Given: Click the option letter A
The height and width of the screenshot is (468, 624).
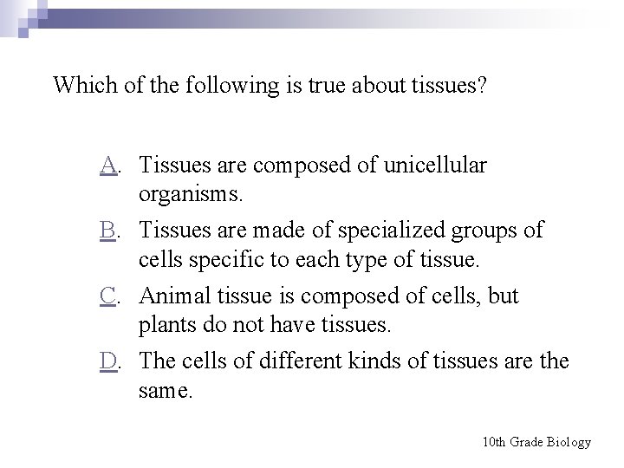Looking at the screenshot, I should pos(107,164).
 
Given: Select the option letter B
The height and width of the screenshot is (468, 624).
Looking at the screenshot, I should pos(107,230).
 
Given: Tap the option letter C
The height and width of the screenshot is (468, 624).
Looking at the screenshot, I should pos(107,296).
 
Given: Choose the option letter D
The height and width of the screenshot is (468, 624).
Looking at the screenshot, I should pos(107,361).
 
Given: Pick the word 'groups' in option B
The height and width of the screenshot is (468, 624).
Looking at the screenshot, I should pos(491,231).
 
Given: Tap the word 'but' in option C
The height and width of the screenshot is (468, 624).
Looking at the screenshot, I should pos(502,296).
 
